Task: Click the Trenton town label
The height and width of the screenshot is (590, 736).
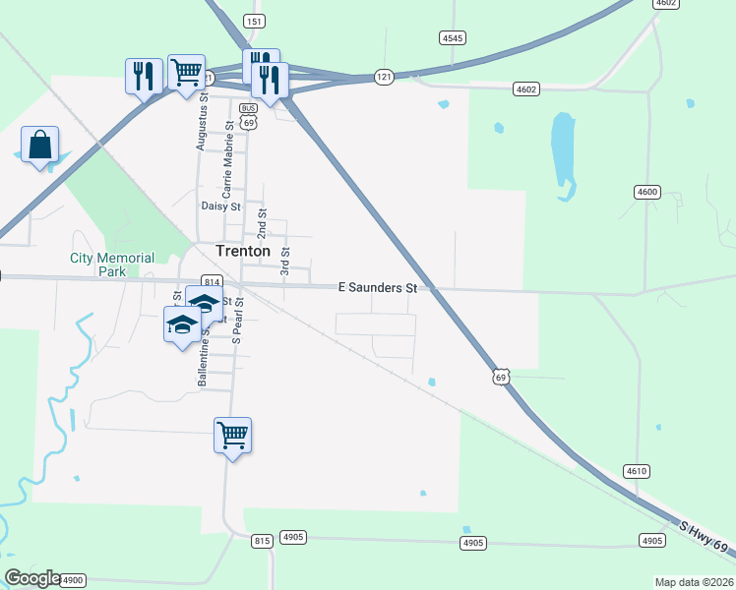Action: pyautogui.click(x=242, y=251)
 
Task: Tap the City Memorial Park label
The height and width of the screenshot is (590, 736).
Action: pyautogui.click(x=112, y=264)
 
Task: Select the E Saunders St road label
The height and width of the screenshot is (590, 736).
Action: pyautogui.click(x=379, y=287)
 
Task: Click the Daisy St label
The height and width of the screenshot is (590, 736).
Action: pyautogui.click(x=220, y=206)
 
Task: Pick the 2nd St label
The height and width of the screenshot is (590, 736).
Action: pyautogui.click(x=262, y=224)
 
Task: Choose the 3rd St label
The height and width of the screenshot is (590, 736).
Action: pyautogui.click(x=285, y=261)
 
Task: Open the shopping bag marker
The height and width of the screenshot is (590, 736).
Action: pyautogui.click(x=39, y=146)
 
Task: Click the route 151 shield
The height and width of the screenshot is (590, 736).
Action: pyautogui.click(x=255, y=21)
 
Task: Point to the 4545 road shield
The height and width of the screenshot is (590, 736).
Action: pyautogui.click(x=452, y=37)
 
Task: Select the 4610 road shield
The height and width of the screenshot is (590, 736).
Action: pyautogui.click(x=636, y=471)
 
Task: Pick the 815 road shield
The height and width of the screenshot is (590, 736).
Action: pyautogui.click(x=261, y=541)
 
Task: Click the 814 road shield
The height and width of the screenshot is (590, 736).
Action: pyautogui.click(x=210, y=280)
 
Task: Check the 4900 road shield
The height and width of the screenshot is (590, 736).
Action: pyautogui.click(x=73, y=580)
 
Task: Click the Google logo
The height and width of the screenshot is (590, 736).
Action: pyautogui.click(x=31, y=578)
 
